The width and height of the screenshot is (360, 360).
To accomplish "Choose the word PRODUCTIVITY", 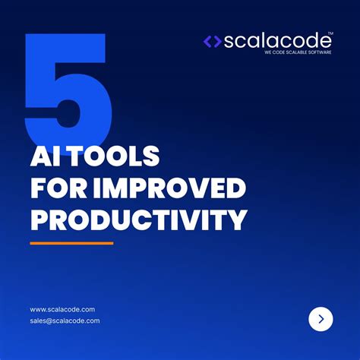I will tap(138, 219).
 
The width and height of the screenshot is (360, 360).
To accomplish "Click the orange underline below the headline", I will tap(71, 243).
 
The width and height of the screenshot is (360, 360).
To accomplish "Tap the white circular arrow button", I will tap(321, 319).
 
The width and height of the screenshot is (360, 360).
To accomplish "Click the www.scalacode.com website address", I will tap(62, 309).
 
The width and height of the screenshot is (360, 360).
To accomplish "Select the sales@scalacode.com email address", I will tap(65, 321).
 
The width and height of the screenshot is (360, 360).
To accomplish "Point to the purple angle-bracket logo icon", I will tap(212, 42).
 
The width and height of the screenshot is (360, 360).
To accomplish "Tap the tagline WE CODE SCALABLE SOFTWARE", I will tap(298, 53).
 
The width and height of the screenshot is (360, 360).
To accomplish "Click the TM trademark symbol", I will tap(330, 34).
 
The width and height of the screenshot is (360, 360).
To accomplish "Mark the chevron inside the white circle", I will tap(321, 319).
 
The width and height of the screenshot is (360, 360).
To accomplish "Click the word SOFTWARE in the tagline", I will tap(317, 53).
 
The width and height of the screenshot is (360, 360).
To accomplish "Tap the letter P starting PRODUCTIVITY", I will tap(39, 219).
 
